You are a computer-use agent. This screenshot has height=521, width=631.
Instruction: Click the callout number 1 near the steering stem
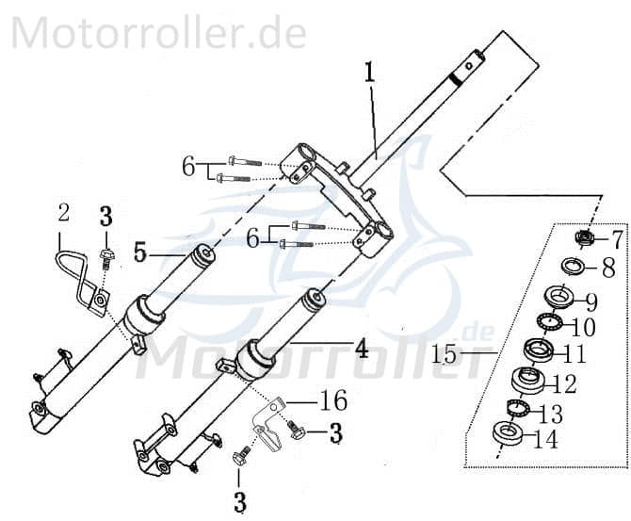pyautogui.click(x=370, y=73)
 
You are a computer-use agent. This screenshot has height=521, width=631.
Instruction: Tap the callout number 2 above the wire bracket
pyautogui.click(x=63, y=213)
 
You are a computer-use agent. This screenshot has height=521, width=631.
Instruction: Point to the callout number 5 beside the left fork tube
pyautogui.click(x=140, y=252)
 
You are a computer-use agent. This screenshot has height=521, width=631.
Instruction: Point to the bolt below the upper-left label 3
pyautogui.click(x=106, y=253)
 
